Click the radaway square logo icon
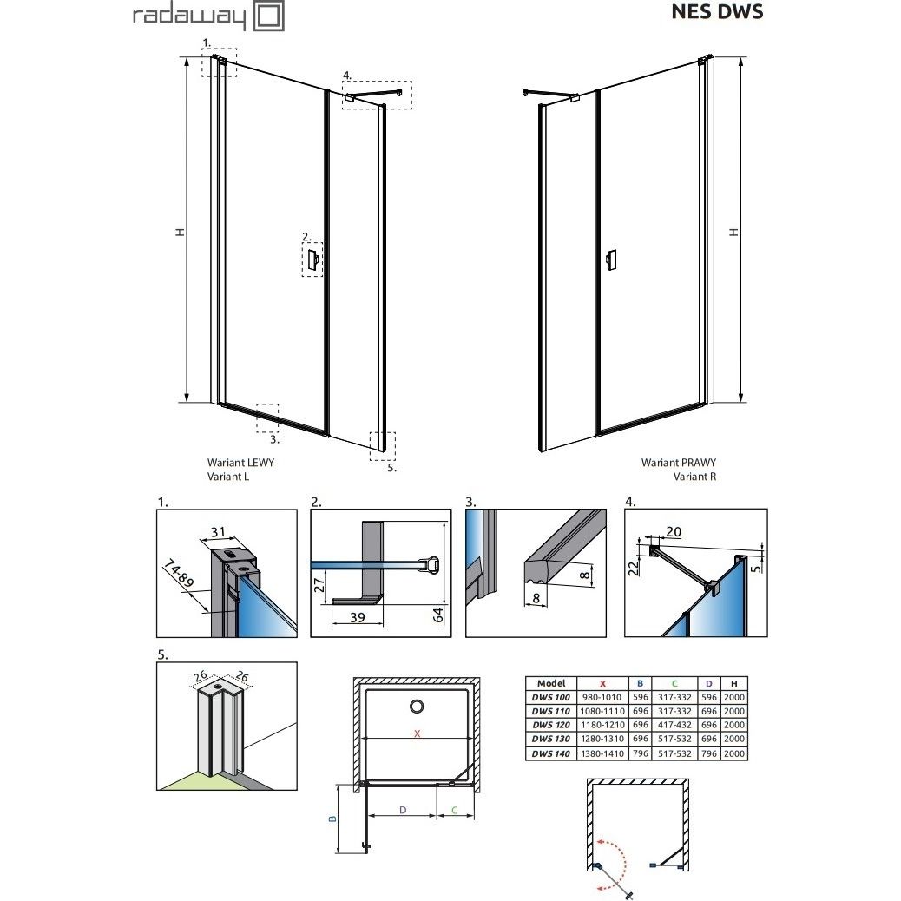(268, 16)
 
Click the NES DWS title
(717, 11)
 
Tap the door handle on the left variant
(312, 260)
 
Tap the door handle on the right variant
(612, 260)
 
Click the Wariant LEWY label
(240, 463)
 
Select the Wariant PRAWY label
(679, 463)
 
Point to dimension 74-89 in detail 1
(178, 573)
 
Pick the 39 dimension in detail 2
(358, 617)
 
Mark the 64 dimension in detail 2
(437, 615)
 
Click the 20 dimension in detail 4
(674, 532)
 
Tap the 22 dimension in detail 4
(634, 569)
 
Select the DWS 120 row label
(550, 725)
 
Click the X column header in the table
(602, 684)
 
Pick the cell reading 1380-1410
(602, 753)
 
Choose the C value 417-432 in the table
(674, 725)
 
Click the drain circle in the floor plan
(418, 707)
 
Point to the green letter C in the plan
(454, 810)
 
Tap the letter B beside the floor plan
(332, 819)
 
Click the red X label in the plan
(418, 733)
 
